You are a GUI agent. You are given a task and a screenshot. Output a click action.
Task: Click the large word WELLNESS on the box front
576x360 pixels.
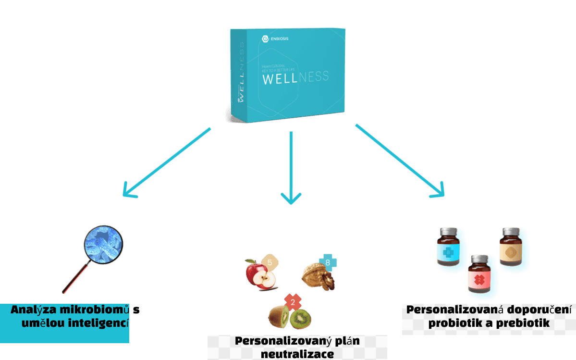(295, 77)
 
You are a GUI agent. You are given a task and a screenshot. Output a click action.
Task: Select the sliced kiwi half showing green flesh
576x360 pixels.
(300, 319)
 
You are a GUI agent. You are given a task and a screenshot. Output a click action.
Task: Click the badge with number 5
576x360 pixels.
(270, 262)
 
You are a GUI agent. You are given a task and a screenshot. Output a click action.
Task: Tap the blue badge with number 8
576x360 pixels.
(328, 262)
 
